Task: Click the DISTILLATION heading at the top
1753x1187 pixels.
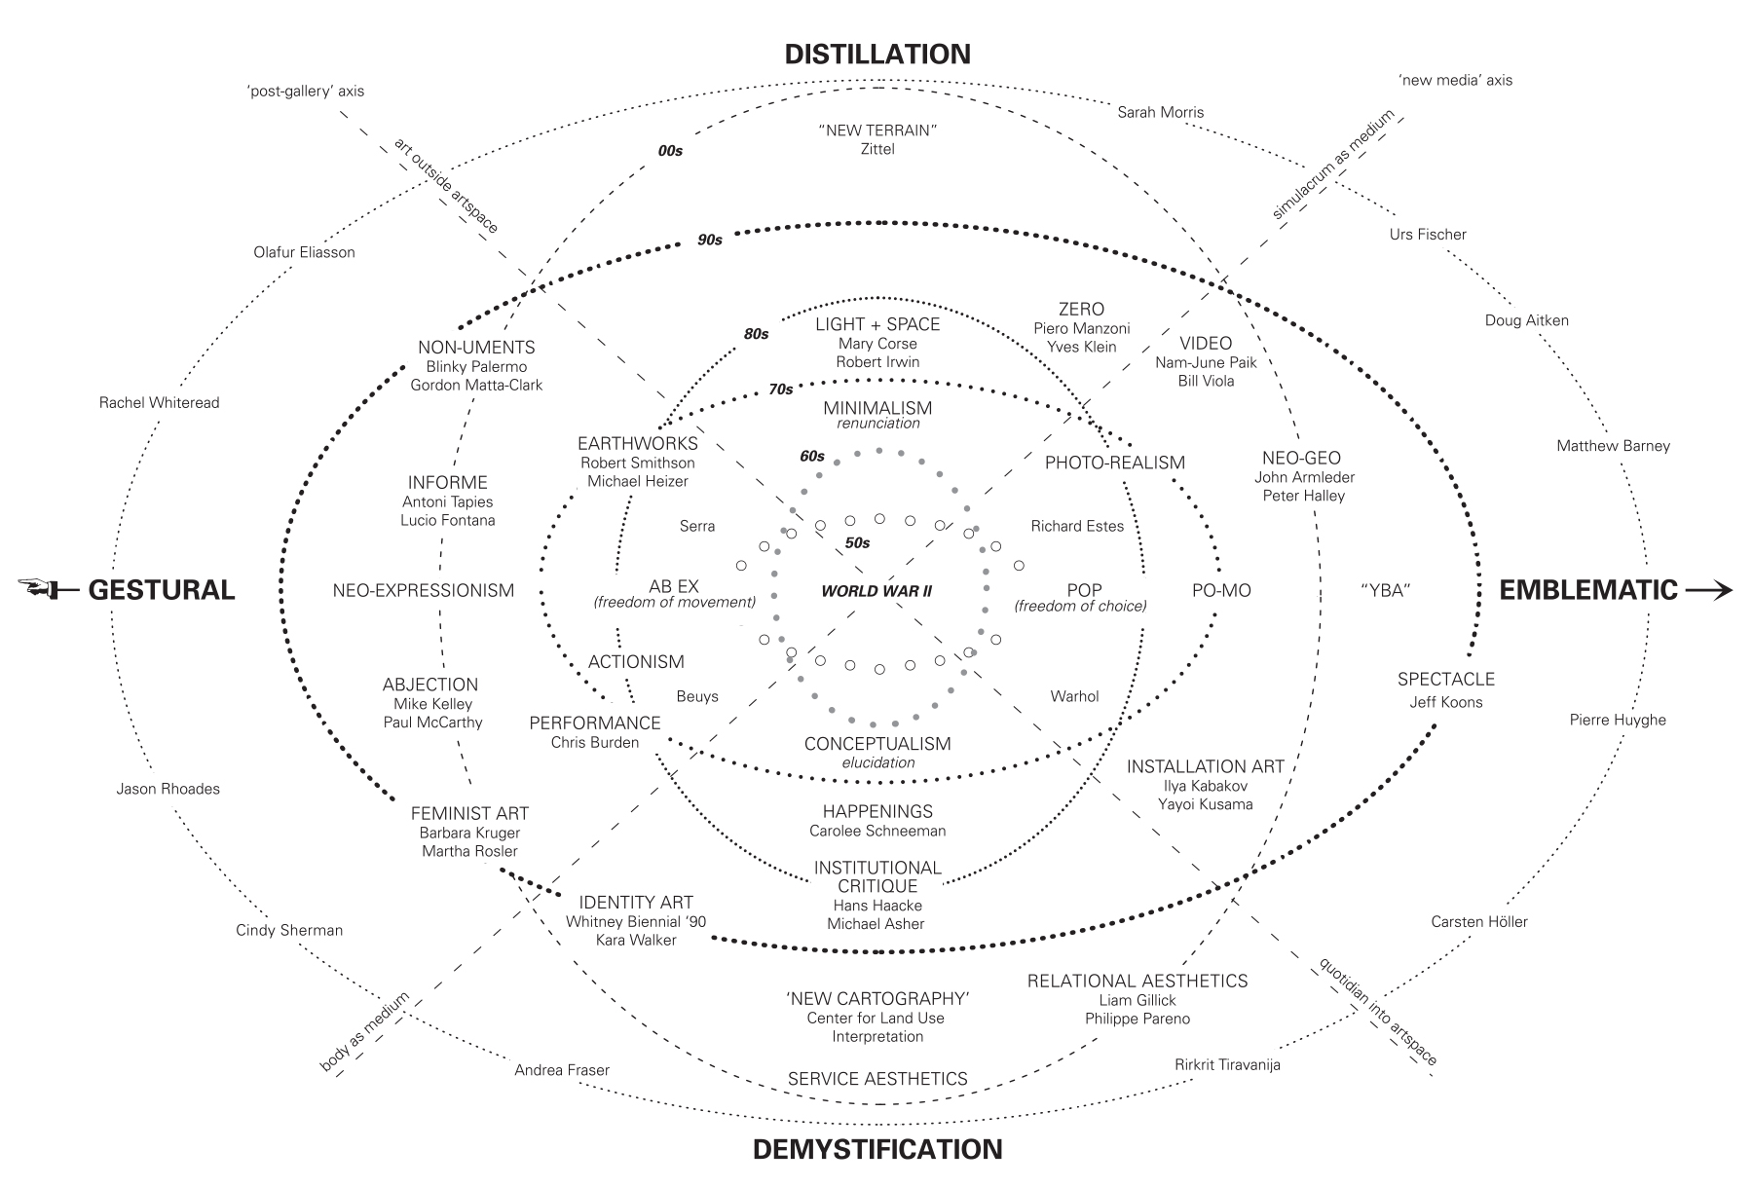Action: tap(877, 54)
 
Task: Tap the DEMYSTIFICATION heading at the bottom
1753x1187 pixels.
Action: tap(877, 1149)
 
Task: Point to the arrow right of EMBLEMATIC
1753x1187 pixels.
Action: tap(1709, 589)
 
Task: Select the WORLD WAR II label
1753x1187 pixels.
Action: tap(876, 591)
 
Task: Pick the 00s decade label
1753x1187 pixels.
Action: tap(670, 151)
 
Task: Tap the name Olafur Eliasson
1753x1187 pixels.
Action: tap(304, 252)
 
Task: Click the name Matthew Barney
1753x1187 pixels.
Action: tap(1613, 446)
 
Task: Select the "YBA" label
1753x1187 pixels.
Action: tap(1385, 590)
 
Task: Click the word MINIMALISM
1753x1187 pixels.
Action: tap(877, 408)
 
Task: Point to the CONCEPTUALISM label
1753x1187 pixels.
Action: tap(877, 744)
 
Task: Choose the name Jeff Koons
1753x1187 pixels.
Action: tap(1446, 702)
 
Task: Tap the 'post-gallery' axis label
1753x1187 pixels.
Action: tap(305, 92)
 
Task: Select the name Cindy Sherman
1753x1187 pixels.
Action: tap(289, 930)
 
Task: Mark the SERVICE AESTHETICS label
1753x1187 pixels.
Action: tap(877, 1079)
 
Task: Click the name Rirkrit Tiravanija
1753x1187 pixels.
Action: tap(1227, 1064)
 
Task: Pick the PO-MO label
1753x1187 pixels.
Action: tap(1221, 590)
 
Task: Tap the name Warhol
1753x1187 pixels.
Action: tap(1074, 696)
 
